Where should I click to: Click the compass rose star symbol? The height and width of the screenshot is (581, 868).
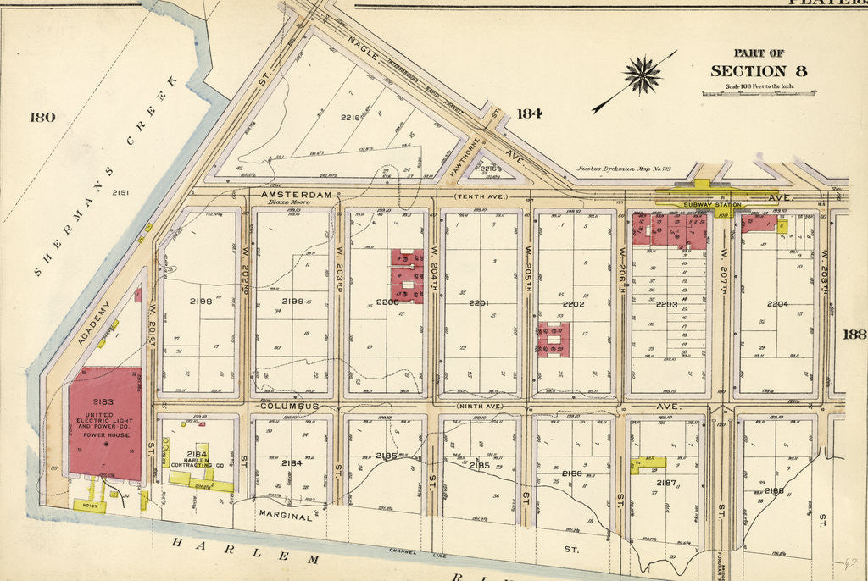[643, 75]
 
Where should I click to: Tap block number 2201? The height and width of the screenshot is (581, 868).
[480, 303]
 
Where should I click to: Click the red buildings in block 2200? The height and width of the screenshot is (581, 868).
[407, 275]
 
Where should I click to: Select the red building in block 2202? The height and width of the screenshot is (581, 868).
[553, 340]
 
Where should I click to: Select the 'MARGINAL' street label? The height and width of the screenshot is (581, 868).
[287, 514]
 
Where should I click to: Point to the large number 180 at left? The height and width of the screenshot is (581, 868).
[42, 117]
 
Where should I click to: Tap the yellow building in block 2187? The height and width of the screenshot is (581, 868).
[648, 463]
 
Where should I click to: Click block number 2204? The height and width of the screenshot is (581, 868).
[777, 303]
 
